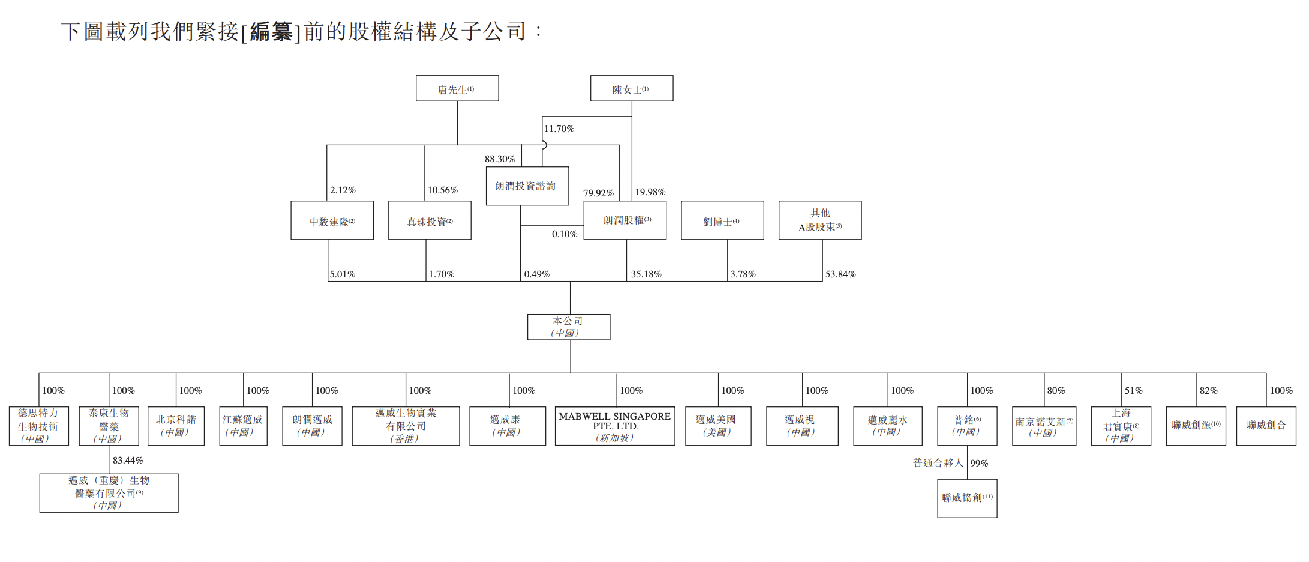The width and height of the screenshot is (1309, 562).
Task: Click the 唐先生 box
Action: tap(457, 88)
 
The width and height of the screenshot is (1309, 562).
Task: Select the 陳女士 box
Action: tap(631, 88)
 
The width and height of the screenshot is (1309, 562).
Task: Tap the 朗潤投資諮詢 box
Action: tap(527, 186)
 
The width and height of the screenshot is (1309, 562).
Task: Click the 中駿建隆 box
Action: tap(332, 220)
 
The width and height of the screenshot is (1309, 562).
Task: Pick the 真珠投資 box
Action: tap(430, 220)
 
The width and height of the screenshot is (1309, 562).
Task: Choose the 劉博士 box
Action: tap(722, 220)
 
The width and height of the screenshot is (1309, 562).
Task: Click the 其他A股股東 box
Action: tap(820, 220)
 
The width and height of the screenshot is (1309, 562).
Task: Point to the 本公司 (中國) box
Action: tap(569, 327)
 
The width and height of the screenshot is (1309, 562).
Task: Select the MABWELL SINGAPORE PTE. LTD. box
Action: tap(615, 426)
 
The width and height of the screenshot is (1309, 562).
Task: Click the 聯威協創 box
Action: tap(967, 498)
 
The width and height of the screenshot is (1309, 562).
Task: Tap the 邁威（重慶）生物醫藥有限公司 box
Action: tap(109, 493)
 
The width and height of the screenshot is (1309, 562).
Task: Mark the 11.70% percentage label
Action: tap(559, 129)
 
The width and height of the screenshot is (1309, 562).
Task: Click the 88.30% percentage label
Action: tap(500, 159)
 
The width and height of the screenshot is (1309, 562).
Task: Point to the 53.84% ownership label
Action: tap(840, 274)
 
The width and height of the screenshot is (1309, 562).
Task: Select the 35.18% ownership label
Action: tap(646, 274)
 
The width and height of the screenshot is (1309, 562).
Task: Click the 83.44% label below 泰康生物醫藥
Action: tap(128, 461)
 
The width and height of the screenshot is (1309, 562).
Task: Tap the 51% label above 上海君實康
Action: tap(1133, 391)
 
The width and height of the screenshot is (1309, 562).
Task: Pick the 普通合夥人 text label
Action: tap(938, 463)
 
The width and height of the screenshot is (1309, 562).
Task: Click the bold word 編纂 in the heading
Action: tap(271, 32)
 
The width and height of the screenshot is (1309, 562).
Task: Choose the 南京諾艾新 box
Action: tap(1044, 426)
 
